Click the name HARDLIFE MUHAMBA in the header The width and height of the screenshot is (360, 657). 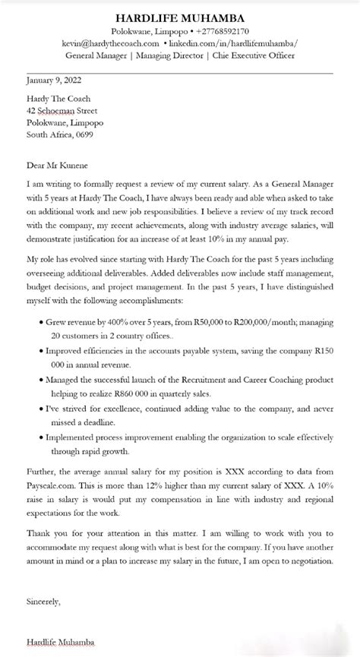click(180, 17)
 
